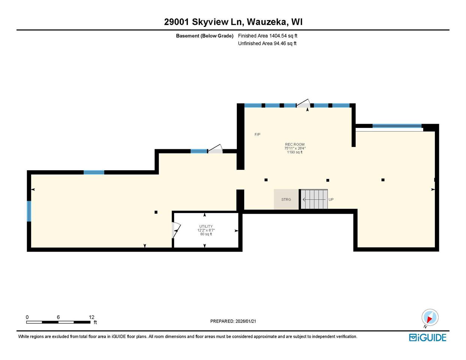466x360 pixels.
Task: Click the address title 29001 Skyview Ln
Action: (233, 22)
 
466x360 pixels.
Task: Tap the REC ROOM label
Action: (295, 144)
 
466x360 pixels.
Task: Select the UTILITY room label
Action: (206, 226)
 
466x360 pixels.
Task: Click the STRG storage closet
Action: (286, 199)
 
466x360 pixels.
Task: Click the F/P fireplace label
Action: (257, 135)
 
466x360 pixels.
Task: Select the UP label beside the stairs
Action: (331, 199)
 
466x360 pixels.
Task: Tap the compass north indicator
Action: (430, 317)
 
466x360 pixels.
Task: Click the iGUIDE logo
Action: (427, 337)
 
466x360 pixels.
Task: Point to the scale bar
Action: (58, 322)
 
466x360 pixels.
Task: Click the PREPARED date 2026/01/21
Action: (233, 321)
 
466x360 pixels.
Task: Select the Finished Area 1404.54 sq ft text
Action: (268, 36)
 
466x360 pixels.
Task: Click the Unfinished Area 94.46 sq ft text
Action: (267, 43)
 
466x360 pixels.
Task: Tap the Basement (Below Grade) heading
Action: (204, 36)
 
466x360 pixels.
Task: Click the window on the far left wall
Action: (29, 211)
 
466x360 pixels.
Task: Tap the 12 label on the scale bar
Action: (92, 317)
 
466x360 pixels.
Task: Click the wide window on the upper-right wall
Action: (397, 126)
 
